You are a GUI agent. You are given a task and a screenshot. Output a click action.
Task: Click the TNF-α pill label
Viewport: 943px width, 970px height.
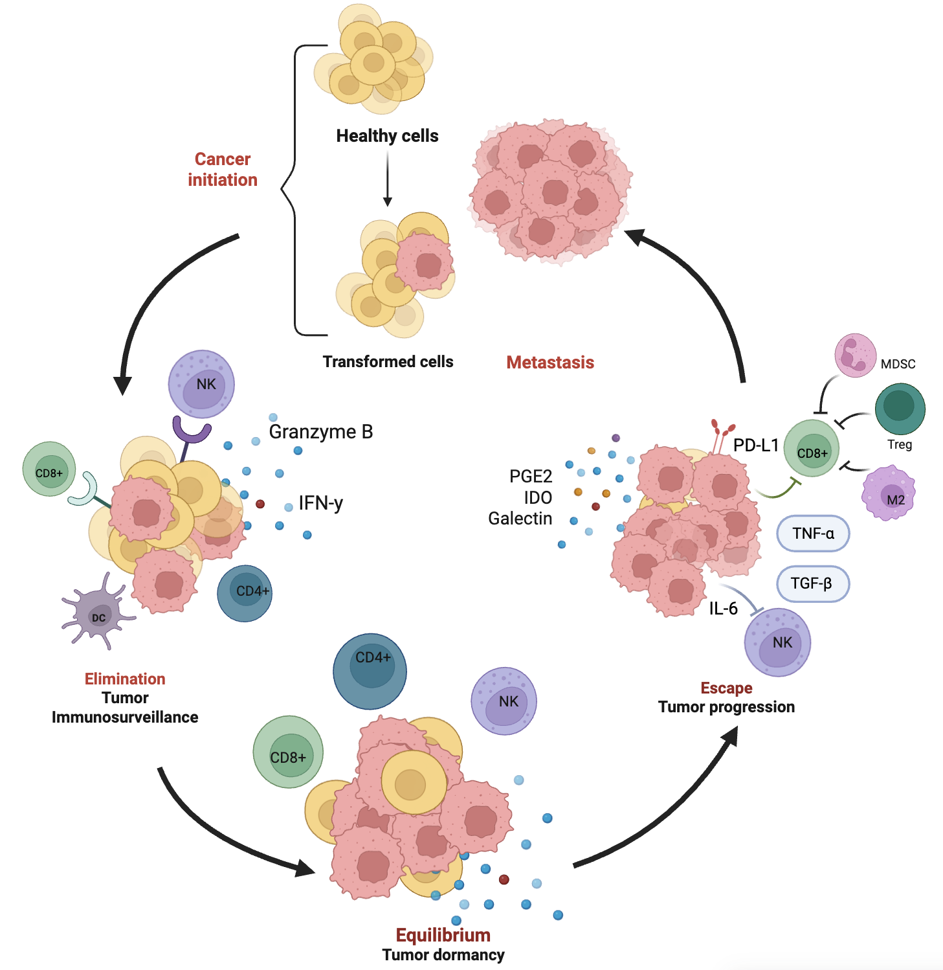pos(812,534)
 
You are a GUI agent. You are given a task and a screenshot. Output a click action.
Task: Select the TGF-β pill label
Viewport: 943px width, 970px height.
pos(812,583)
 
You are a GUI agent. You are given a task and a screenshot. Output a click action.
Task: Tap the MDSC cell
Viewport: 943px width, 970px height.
pos(855,355)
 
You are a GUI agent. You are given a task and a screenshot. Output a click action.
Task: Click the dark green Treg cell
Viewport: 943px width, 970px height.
pos(900,409)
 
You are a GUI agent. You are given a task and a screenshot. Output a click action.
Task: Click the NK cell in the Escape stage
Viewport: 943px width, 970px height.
pos(777,642)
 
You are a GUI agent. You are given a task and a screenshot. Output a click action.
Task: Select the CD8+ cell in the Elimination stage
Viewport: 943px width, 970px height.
pos(49,469)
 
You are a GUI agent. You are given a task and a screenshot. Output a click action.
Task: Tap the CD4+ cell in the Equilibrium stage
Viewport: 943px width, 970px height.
pos(370,671)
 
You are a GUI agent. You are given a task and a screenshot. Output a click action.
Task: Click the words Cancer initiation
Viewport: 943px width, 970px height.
pos(223,170)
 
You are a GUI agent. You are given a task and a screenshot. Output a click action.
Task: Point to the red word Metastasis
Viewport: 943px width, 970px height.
pos(550,363)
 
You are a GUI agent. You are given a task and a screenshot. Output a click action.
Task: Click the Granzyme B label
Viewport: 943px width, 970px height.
pos(321,432)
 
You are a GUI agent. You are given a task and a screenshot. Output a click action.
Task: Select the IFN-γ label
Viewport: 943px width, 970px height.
pos(321,503)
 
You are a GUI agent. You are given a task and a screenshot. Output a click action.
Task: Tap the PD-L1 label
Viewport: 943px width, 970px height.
pos(755,446)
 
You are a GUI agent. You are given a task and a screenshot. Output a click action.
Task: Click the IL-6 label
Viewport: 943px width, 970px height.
pos(723,609)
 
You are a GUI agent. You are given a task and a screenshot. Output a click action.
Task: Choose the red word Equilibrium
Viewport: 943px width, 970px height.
pos(443,935)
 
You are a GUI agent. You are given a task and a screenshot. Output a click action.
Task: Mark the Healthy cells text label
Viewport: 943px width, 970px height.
pos(387,136)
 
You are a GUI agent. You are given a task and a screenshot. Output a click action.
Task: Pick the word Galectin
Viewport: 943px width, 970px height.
pos(520,519)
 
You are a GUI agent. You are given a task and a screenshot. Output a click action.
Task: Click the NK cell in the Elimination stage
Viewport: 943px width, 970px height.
pos(201,385)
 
